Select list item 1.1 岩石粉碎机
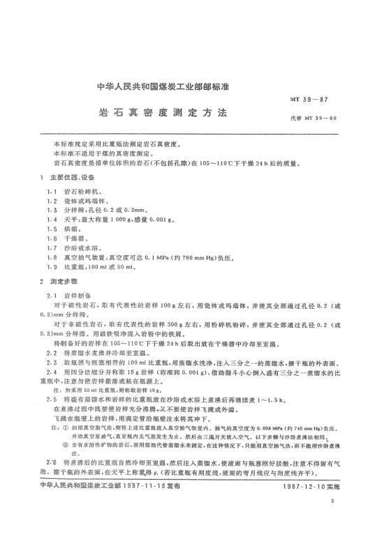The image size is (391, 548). point(76,190)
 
